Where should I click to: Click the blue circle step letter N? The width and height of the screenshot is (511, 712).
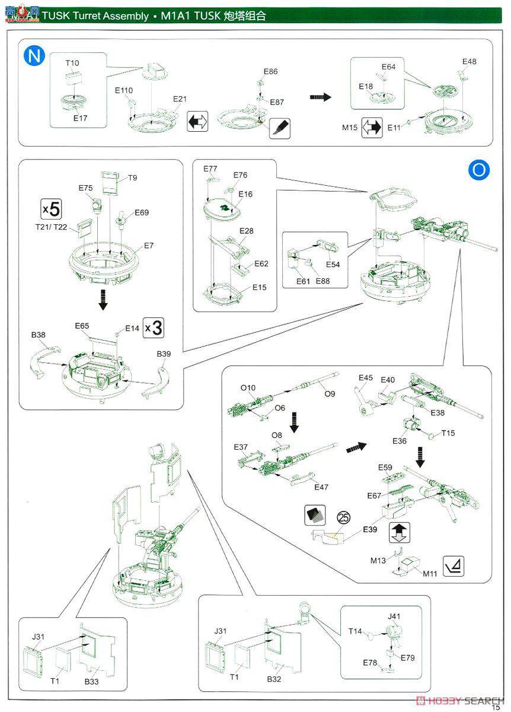pyautogui.click(x=34, y=56)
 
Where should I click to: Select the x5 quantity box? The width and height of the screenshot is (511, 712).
pyautogui.click(x=51, y=209)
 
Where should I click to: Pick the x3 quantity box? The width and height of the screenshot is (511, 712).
pyautogui.click(x=154, y=328)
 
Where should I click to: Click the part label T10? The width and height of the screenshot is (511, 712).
pyautogui.click(x=72, y=63)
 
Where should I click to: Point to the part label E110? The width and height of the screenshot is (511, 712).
pyautogui.click(x=124, y=90)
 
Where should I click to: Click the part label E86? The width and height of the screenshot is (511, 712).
pyautogui.click(x=270, y=71)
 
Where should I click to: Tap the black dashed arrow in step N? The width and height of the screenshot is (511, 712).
pyautogui.click(x=320, y=97)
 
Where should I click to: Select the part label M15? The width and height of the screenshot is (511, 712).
pyautogui.click(x=351, y=127)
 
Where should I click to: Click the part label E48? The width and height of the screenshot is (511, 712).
pyautogui.click(x=469, y=62)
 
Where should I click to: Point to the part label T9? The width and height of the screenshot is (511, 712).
pyautogui.click(x=133, y=177)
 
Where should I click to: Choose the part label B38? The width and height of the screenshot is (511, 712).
pyautogui.click(x=39, y=335)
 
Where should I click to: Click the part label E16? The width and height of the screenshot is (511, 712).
pyautogui.click(x=245, y=194)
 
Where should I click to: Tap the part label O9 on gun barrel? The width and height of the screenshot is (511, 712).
pyautogui.click(x=330, y=393)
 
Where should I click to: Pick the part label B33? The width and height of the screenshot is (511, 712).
pyautogui.click(x=91, y=682)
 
